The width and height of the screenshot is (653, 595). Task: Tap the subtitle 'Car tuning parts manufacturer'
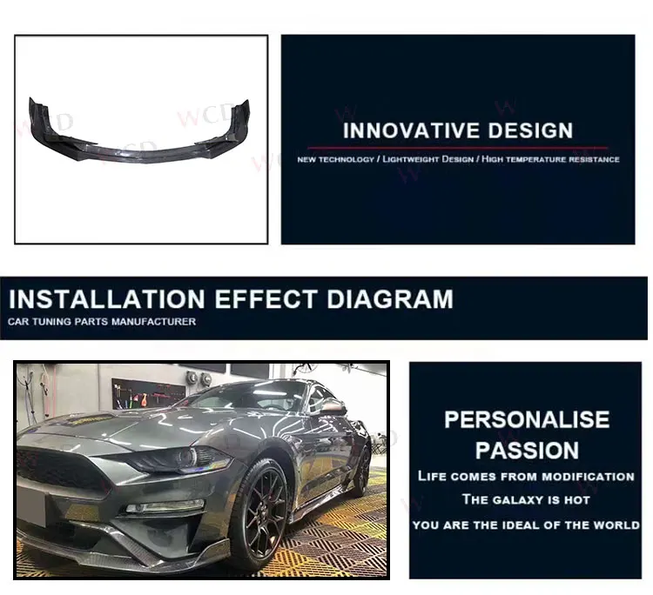click(102, 323)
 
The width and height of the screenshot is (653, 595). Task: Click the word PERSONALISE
click(527, 420)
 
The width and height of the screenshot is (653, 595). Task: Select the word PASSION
click(527, 451)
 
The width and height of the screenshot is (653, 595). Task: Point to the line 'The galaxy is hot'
click(526, 500)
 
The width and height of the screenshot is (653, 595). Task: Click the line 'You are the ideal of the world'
click(526, 525)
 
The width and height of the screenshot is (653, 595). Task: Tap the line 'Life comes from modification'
click(526, 477)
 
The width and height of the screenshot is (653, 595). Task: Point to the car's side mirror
click(333, 407)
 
